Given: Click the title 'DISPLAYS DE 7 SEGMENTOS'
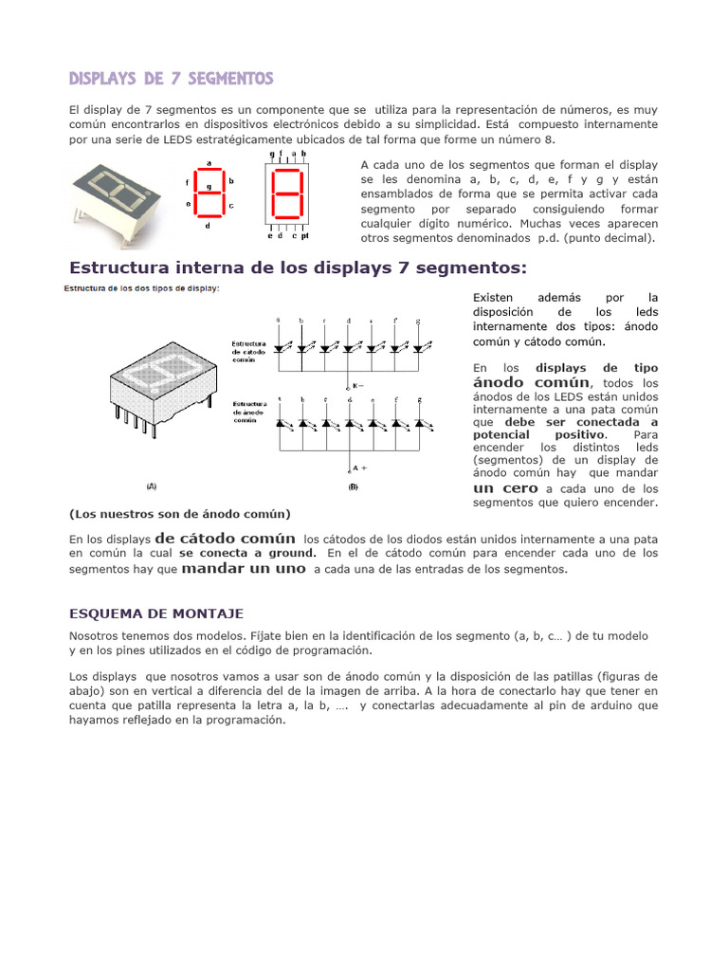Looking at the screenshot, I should tap(172, 78).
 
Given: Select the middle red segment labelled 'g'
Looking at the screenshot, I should tap(209, 194).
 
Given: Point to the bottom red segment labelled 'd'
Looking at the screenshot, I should tap(209, 217).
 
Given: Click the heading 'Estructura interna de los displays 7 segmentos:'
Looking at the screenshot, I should tap(298, 267).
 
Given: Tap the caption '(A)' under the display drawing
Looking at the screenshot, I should tap(151, 485).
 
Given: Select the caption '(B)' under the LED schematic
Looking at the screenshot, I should tap(353, 486).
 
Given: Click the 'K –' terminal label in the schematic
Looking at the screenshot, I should tap(357, 386).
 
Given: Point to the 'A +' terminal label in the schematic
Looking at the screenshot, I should tap(358, 467).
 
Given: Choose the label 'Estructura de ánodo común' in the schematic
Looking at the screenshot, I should tap(249, 410).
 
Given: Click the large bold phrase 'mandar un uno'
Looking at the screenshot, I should tap(243, 568).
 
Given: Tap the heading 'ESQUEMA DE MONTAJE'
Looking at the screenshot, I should tap(156, 614).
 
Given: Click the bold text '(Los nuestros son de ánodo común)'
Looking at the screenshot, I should tap(180, 514).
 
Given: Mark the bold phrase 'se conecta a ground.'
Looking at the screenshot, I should tap(247, 552).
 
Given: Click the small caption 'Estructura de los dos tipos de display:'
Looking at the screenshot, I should tap(141, 288).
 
